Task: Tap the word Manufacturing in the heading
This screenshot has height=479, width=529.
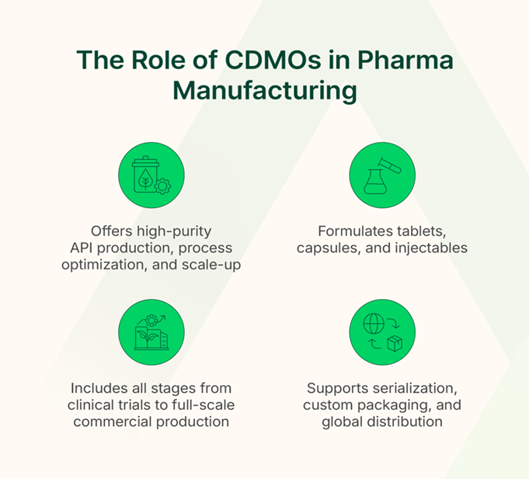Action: pos(265,90)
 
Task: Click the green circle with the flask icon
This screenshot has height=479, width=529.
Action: pos(382,175)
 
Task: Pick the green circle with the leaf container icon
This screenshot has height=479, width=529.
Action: pos(151,175)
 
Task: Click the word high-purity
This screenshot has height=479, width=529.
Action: pos(172,232)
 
